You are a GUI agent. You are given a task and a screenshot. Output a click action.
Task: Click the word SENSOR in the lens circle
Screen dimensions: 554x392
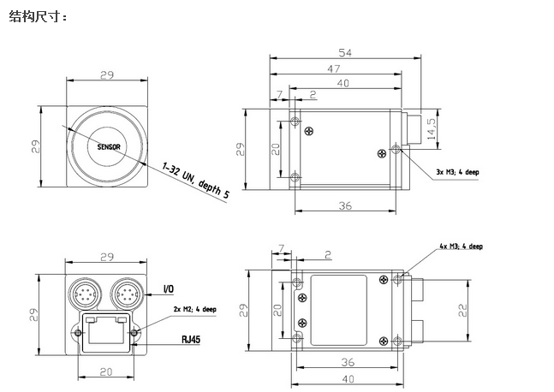click(x=109, y=147)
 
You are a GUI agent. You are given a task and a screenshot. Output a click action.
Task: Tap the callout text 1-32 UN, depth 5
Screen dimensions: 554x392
click(x=195, y=180)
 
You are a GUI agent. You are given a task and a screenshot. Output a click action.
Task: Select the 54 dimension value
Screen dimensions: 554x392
click(x=345, y=52)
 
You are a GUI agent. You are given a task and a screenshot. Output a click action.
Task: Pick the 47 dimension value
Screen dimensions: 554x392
click(x=334, y=68)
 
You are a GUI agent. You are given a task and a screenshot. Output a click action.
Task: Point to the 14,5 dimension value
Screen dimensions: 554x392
click(x=432, y=128)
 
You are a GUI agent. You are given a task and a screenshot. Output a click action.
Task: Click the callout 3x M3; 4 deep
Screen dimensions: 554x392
click(x=457, y=172)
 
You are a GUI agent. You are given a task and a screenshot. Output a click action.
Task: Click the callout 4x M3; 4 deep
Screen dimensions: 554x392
click(x=461, y=246)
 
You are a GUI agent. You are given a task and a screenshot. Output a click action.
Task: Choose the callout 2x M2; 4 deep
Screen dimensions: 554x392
click(x=194, y=309)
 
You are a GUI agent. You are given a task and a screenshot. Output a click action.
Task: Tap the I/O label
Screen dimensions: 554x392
click(x=169, y=289)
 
